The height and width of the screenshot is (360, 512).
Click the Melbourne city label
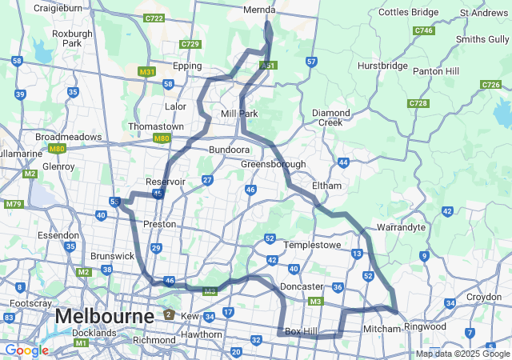(105, 317)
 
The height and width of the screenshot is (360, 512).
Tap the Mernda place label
(259, 10)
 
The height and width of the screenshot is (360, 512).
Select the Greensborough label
(274, 164)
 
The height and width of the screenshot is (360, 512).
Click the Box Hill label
(302, 330)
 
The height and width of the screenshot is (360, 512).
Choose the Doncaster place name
(302, 286)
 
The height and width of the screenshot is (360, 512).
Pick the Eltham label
(326, 186)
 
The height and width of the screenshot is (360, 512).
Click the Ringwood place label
(424, 326)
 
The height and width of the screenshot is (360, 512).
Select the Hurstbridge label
(383, 66)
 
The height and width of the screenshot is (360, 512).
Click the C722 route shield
(154, 18)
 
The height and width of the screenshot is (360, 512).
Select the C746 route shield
(424, 30)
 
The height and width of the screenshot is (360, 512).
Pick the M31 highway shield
(146, 72)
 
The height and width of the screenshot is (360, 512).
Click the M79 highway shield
(14, 204)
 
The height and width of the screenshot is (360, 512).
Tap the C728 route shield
(418, 103)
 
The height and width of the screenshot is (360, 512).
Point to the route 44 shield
(343, 162)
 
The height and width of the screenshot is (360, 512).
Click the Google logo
(26, 350)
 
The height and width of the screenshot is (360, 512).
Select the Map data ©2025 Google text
(462, 354)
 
